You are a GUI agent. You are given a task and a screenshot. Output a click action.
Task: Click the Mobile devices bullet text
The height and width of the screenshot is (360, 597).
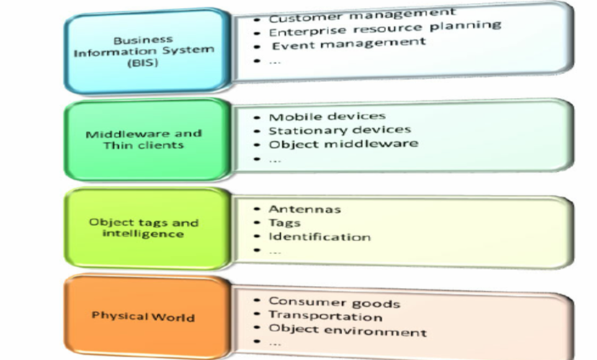pyautogui.click(x=327, y=117)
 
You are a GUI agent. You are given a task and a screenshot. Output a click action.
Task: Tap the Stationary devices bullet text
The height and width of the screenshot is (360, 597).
pyautogui.click(x=339, y=130)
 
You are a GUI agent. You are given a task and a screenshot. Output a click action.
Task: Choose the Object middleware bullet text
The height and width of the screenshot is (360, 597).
pyautogui.click(x=343, y=144)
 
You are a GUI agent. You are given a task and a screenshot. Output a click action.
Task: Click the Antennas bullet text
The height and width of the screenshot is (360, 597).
pyautogui.click(x=305, y=210)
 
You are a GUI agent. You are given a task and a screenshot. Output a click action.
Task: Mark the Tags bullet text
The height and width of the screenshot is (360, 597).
pyautogui.click(x=284, y=223)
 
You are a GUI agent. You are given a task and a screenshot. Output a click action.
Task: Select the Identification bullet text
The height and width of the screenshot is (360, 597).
pyautogui.click(x=320, y=237)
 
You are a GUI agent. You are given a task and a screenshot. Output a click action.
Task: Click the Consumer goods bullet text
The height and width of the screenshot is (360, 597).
pyautogui.click(x=334, y=302)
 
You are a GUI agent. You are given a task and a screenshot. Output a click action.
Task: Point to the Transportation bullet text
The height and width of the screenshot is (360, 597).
pyautogui.click(x=325, y=316)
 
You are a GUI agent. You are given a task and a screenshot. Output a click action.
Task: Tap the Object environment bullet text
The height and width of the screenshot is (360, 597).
pyautogui.click(x=347, y=330)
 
